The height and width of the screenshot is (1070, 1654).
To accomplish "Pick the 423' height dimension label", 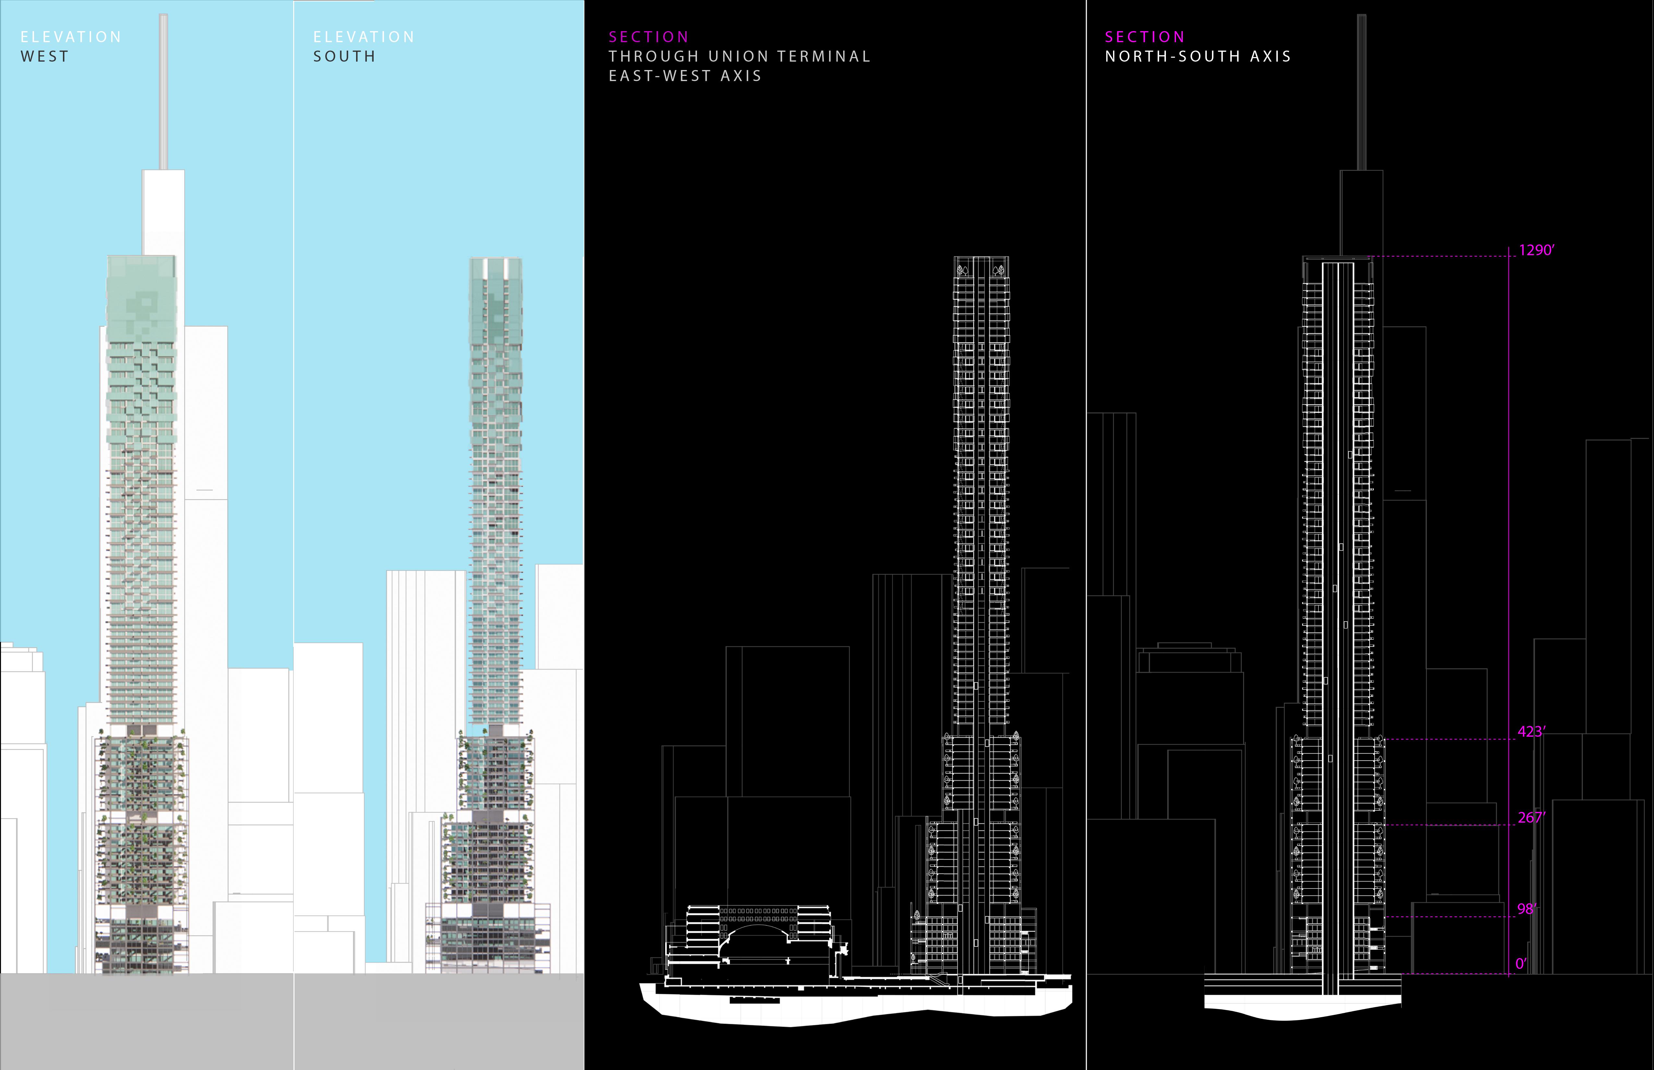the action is [x=1531, y=731].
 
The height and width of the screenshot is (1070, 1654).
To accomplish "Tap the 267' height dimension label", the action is [x=1531, y=818].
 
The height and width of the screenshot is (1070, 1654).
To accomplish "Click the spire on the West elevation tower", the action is [x=164, y=90].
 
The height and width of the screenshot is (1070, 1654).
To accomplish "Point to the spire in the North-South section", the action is [x=1361, y=90].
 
